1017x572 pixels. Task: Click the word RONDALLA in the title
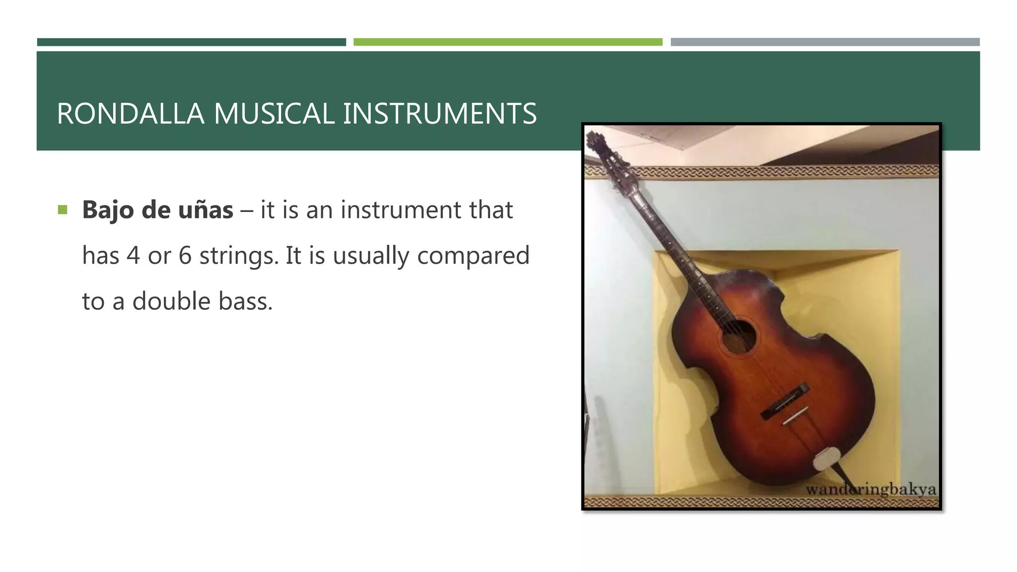(130, 113)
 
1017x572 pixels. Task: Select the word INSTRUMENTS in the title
(439, 113)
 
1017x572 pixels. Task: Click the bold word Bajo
(108, 210)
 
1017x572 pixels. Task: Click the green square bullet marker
(62, 210)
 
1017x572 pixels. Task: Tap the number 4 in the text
(133, 256)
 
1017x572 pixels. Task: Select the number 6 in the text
(185, 256)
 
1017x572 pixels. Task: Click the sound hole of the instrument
(738, 337)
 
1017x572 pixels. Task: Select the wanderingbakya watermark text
(871, 490)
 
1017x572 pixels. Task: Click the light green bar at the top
(508, 42)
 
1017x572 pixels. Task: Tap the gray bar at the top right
(825, 42)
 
